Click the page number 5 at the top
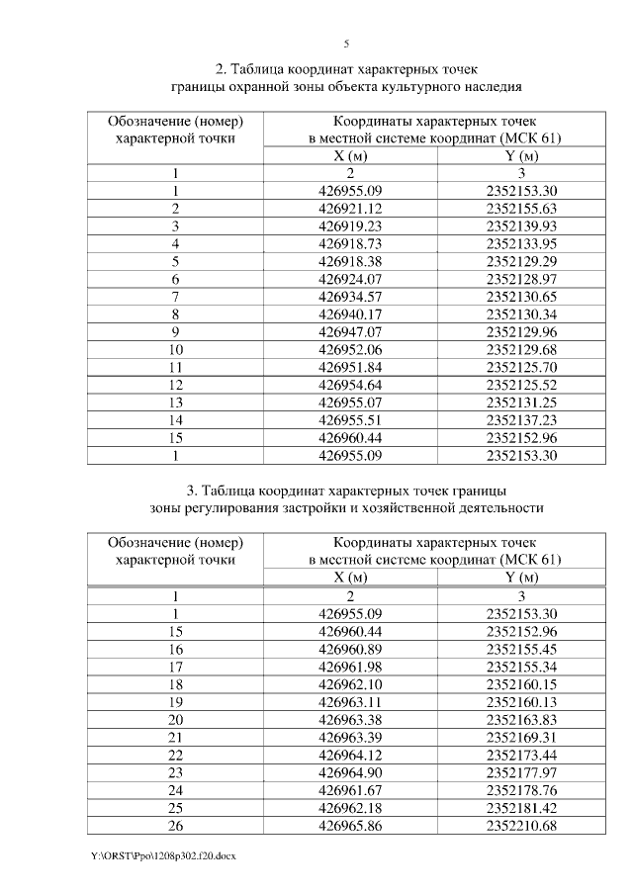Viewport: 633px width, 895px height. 346,45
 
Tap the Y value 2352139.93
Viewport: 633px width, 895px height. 522,226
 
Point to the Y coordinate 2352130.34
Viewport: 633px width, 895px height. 522,314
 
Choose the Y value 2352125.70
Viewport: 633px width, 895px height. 522,367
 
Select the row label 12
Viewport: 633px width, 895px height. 175,385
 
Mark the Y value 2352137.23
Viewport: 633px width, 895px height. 522,419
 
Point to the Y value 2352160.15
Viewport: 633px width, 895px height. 522,683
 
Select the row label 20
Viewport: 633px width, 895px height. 175,719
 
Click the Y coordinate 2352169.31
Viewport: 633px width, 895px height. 522,737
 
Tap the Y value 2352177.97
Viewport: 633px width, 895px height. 522,771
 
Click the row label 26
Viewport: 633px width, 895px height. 175,825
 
